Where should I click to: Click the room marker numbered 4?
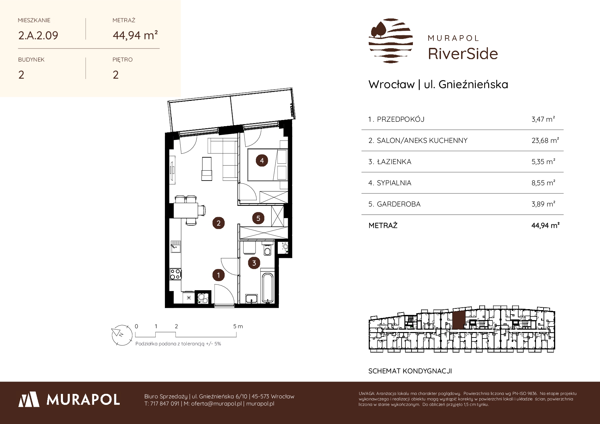coord(262,160)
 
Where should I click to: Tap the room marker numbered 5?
coord(258,218)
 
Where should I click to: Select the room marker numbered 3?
coord(254,263)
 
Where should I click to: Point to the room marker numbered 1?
coord(218,275)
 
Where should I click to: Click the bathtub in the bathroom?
coord(268,288)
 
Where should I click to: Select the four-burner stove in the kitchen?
coord(176,274)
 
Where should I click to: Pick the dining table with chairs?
coord(188,210)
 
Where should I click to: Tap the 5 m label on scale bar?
coord(238,326)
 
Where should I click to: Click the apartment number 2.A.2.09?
coord(38,35)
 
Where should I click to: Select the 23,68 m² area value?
coord(545,140)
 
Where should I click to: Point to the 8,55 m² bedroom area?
coord(543,183)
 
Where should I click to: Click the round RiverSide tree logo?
coord(391,41)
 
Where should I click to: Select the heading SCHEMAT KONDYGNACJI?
coord(410,371)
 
